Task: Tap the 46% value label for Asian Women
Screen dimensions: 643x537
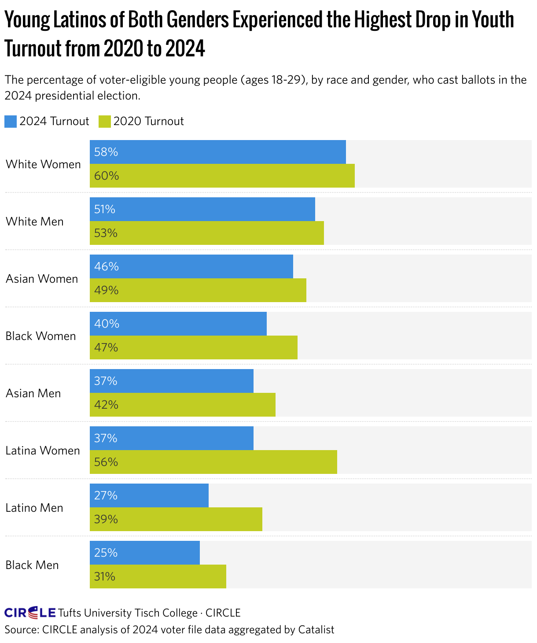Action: [106, 266]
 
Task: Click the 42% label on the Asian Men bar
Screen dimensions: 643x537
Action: [106, 405]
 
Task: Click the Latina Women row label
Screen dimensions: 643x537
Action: [43, 451]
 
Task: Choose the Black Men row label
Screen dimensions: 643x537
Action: [32, 565]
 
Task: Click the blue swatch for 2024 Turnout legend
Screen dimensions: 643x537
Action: [11, 122]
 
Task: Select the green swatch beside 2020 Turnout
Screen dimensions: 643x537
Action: [105, 122]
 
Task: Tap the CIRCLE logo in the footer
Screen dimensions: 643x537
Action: [30, 613]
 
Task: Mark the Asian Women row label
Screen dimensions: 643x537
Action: [42, 279]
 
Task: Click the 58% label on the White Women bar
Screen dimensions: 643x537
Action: [106, 152]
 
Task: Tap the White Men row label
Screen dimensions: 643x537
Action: [35, 222]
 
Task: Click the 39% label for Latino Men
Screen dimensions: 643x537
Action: [106, 519]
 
